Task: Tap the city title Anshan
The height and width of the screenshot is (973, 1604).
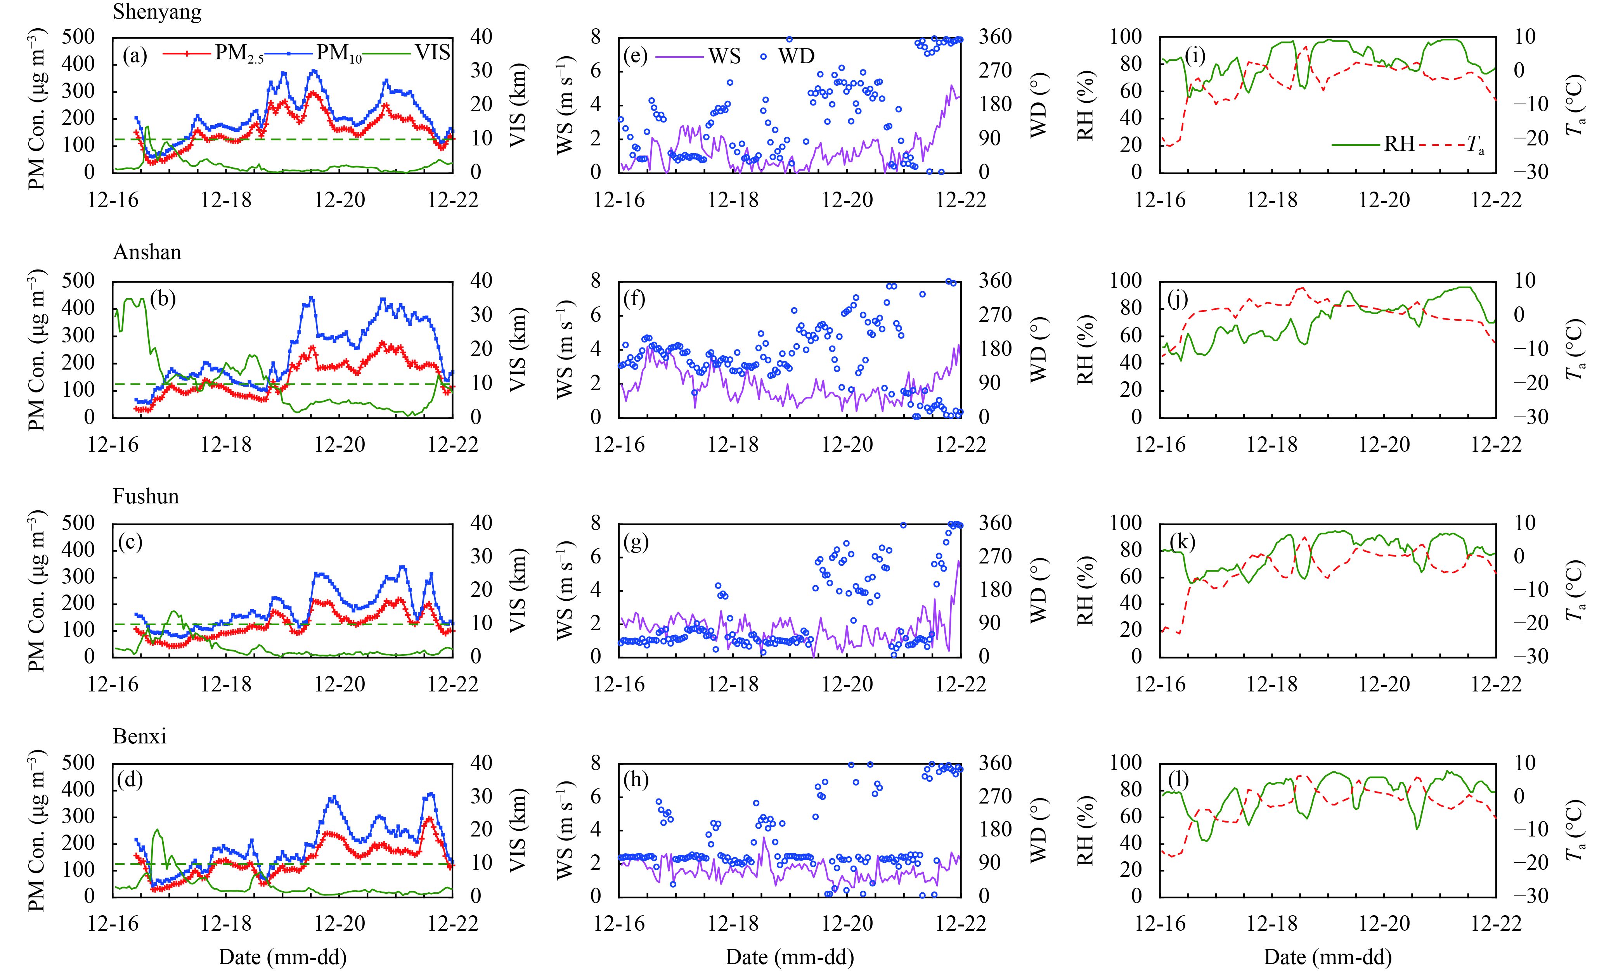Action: click(x=147, y=252)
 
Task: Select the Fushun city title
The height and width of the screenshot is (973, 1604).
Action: click(x=146, y=497)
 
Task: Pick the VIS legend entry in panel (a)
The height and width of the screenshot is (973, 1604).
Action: click(x=432, y=52)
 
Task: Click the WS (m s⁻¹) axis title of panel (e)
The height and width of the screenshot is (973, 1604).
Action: click(x=565, y=104)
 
